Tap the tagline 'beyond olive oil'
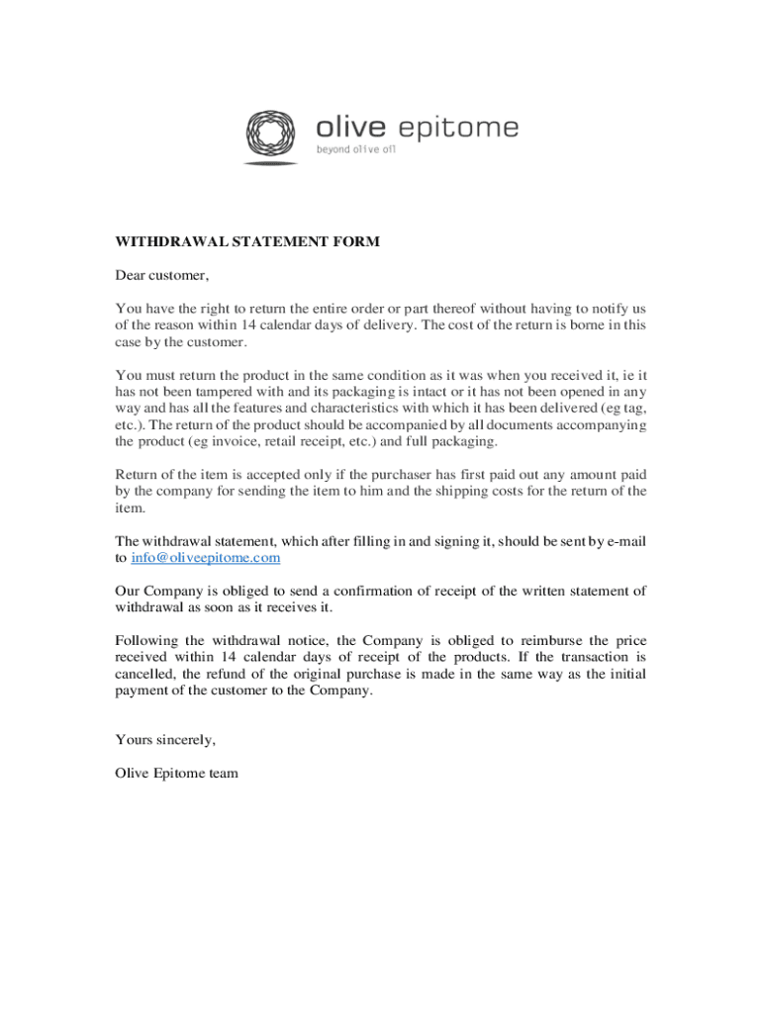[x=355, y=150]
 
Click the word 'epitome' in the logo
[x=457, y=128]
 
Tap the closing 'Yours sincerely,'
[x=165, y=739]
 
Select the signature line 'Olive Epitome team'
[x=176, y=773]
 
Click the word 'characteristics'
[x=333, y=409]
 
